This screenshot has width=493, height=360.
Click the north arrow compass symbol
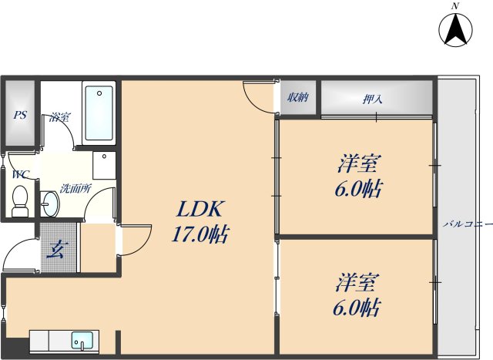(454, 30)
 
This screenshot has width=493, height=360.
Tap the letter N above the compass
(455, 6)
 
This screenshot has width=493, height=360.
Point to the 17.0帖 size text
(200, 234)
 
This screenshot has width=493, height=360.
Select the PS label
(20, 116)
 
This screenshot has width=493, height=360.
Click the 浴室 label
(59, 117)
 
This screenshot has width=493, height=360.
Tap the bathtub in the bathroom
(99, 114)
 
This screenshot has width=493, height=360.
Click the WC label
(19, 175)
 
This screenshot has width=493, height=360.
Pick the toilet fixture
(21, 202)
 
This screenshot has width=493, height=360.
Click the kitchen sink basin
(81, 339)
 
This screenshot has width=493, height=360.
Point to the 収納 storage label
(298, 97)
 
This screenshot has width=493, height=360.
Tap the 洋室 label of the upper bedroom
(359, 164)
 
